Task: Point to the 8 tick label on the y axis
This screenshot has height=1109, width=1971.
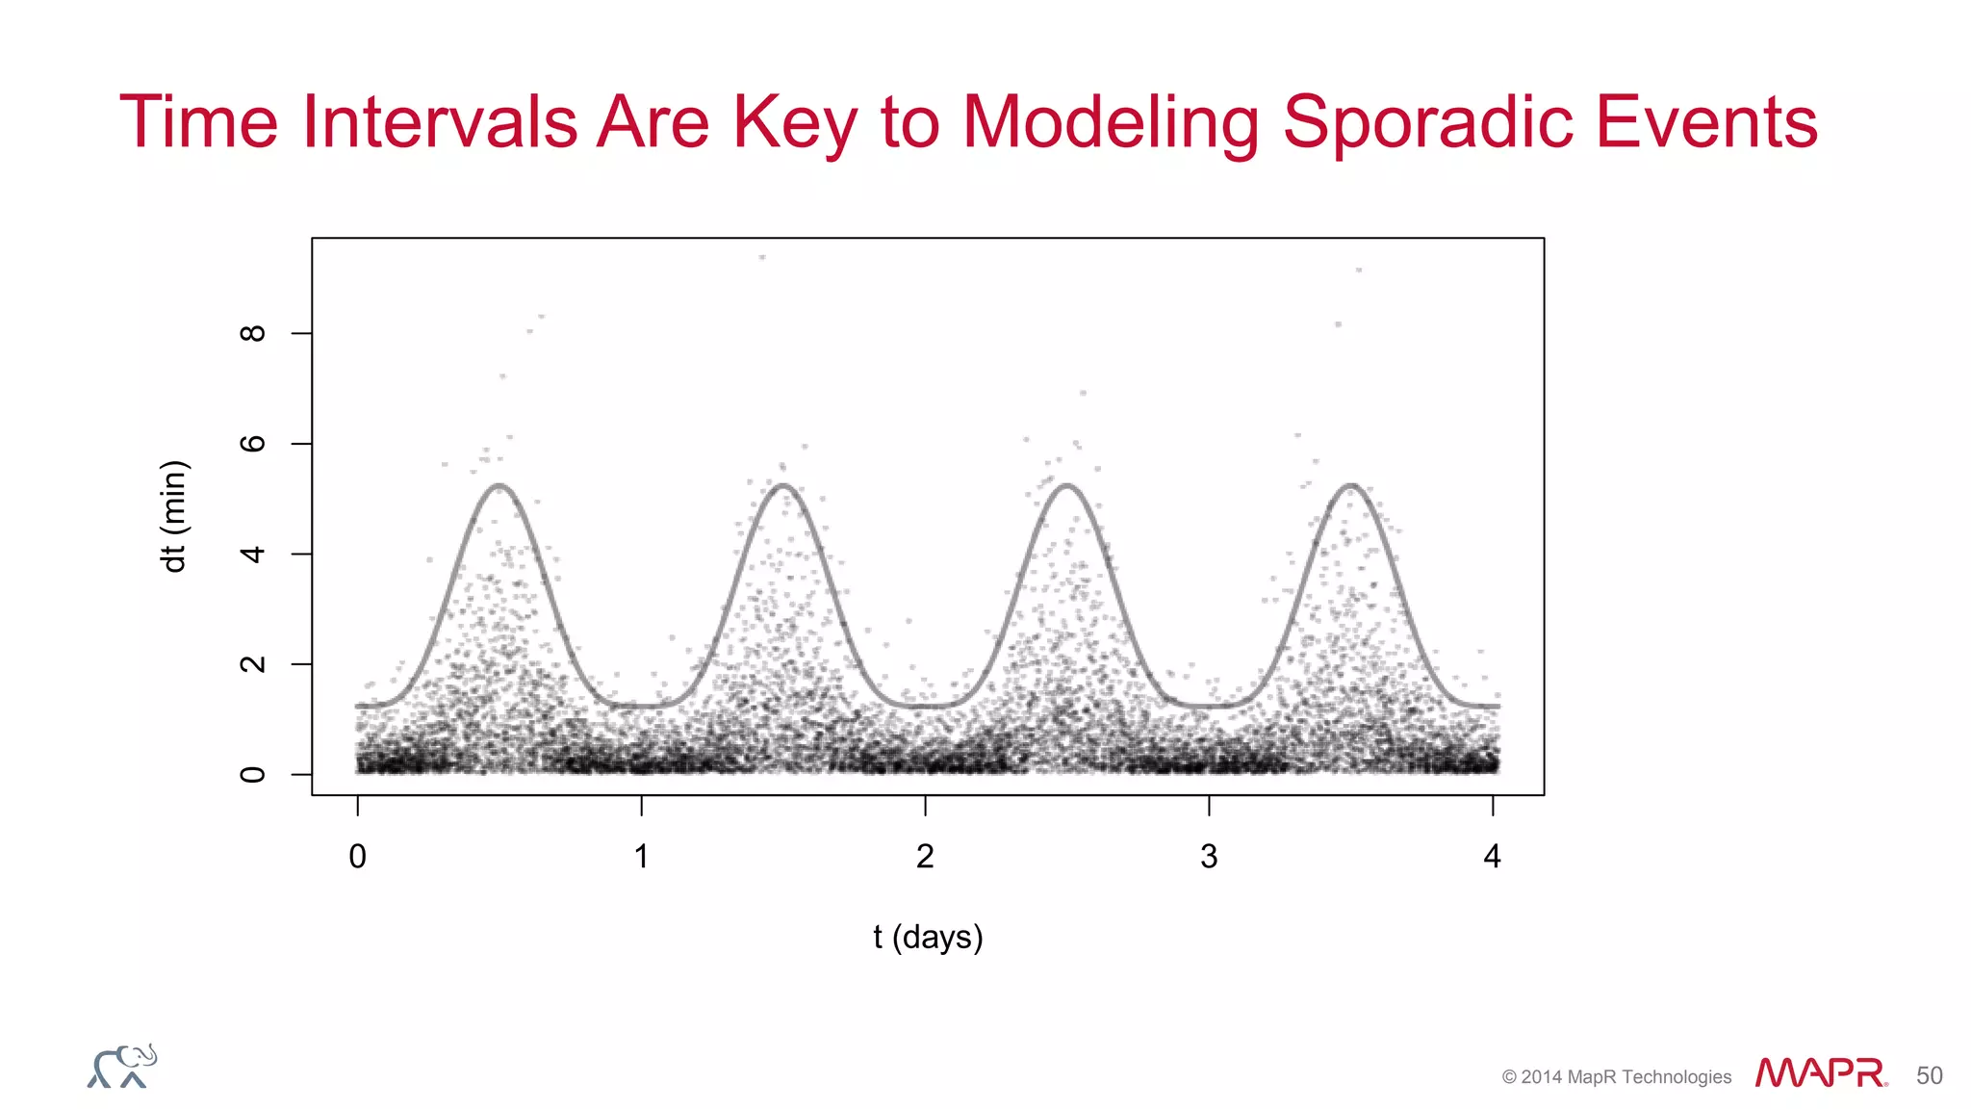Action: coord(252,333)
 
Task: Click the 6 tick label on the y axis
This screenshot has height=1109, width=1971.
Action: coord(252,444)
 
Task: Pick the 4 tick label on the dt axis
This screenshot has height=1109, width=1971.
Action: coord(252,554)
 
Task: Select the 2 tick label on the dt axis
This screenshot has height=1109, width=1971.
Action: coord(252,664)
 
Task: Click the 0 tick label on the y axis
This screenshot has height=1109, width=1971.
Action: coord(252,775)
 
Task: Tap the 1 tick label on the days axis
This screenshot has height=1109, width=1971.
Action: coord(642,856)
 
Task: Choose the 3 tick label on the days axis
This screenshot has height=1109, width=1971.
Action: coord(1209,856)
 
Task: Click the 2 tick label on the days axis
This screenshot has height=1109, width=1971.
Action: coord(925,856)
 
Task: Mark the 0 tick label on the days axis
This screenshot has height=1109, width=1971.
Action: coord(358,856)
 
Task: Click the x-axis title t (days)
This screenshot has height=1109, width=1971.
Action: coord(928,937)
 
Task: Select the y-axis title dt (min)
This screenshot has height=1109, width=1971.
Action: coord(174,517)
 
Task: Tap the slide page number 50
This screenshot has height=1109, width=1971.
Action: coord(1929,1075)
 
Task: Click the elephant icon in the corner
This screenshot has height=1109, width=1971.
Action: coord(122,1067)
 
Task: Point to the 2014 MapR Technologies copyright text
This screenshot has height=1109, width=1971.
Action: coord(1616,1077)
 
